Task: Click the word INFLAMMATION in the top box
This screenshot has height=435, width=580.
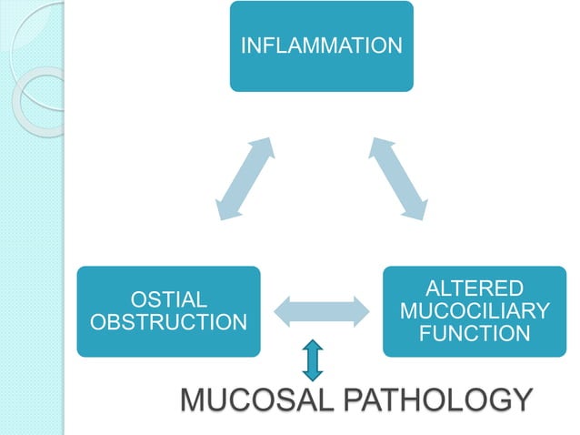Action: pos(321,45)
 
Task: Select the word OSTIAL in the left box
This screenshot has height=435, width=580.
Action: pos(168,299)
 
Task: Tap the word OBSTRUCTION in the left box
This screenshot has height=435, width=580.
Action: pos(168,322)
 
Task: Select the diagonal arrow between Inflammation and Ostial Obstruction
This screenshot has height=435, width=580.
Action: pos(245,178)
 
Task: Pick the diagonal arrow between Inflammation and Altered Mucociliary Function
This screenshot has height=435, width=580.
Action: pos(398,178)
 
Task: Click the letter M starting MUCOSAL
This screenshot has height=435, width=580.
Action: pos(194,401)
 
